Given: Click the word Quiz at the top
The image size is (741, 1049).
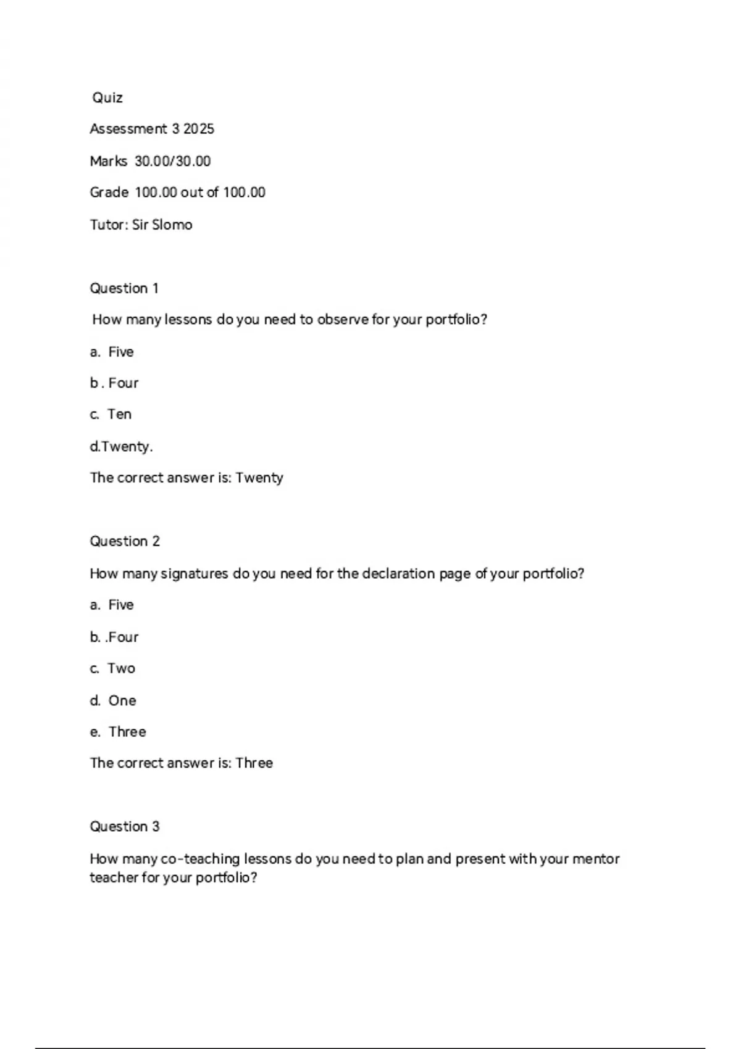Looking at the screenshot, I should click(x=107, y=97).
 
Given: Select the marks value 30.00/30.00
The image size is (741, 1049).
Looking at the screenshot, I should click(x=173, y=161).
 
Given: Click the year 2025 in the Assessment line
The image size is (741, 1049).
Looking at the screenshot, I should click(x=199, y=129).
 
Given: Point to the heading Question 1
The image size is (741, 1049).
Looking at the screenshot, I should click(x=124, y=288).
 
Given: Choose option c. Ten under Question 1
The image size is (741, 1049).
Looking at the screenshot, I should click(x=111, y=414).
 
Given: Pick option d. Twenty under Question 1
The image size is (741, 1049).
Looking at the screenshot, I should click(x=122, y=446).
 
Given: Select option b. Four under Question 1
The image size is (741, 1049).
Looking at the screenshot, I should click(x=115, y=383).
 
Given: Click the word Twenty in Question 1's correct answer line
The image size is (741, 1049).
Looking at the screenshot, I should click(x=259, y=478).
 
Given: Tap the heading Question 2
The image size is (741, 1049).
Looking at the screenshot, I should click(x=125, y=541).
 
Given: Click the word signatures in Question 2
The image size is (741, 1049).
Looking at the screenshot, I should click(x=195, y=574).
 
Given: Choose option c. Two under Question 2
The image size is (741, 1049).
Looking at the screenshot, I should click(x=113, y=668).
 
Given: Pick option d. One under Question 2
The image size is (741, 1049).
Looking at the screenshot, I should click(x=114, y=700).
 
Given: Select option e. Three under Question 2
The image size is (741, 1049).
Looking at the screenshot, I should click(x=119, y=732).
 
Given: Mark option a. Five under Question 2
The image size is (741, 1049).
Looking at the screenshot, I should click(x=112, y=605).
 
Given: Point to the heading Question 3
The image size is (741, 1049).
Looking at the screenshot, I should click(x=125, y=826).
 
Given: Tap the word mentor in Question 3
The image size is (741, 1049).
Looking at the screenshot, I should click(x=596, y=859).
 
